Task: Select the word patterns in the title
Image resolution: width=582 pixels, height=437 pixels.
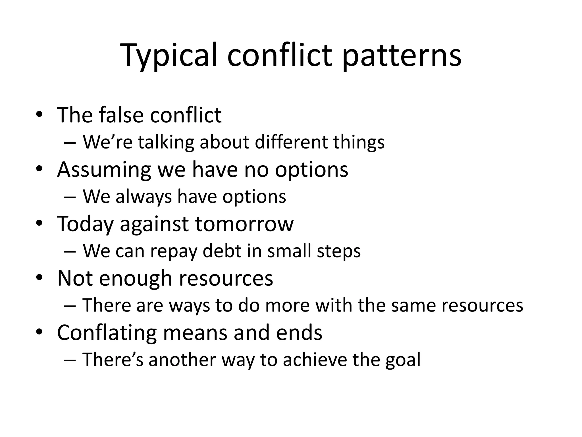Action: [x=402, y=55]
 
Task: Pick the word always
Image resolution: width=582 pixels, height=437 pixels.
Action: [x=144, y=197]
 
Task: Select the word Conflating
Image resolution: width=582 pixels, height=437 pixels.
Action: [x=107, y=333]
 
